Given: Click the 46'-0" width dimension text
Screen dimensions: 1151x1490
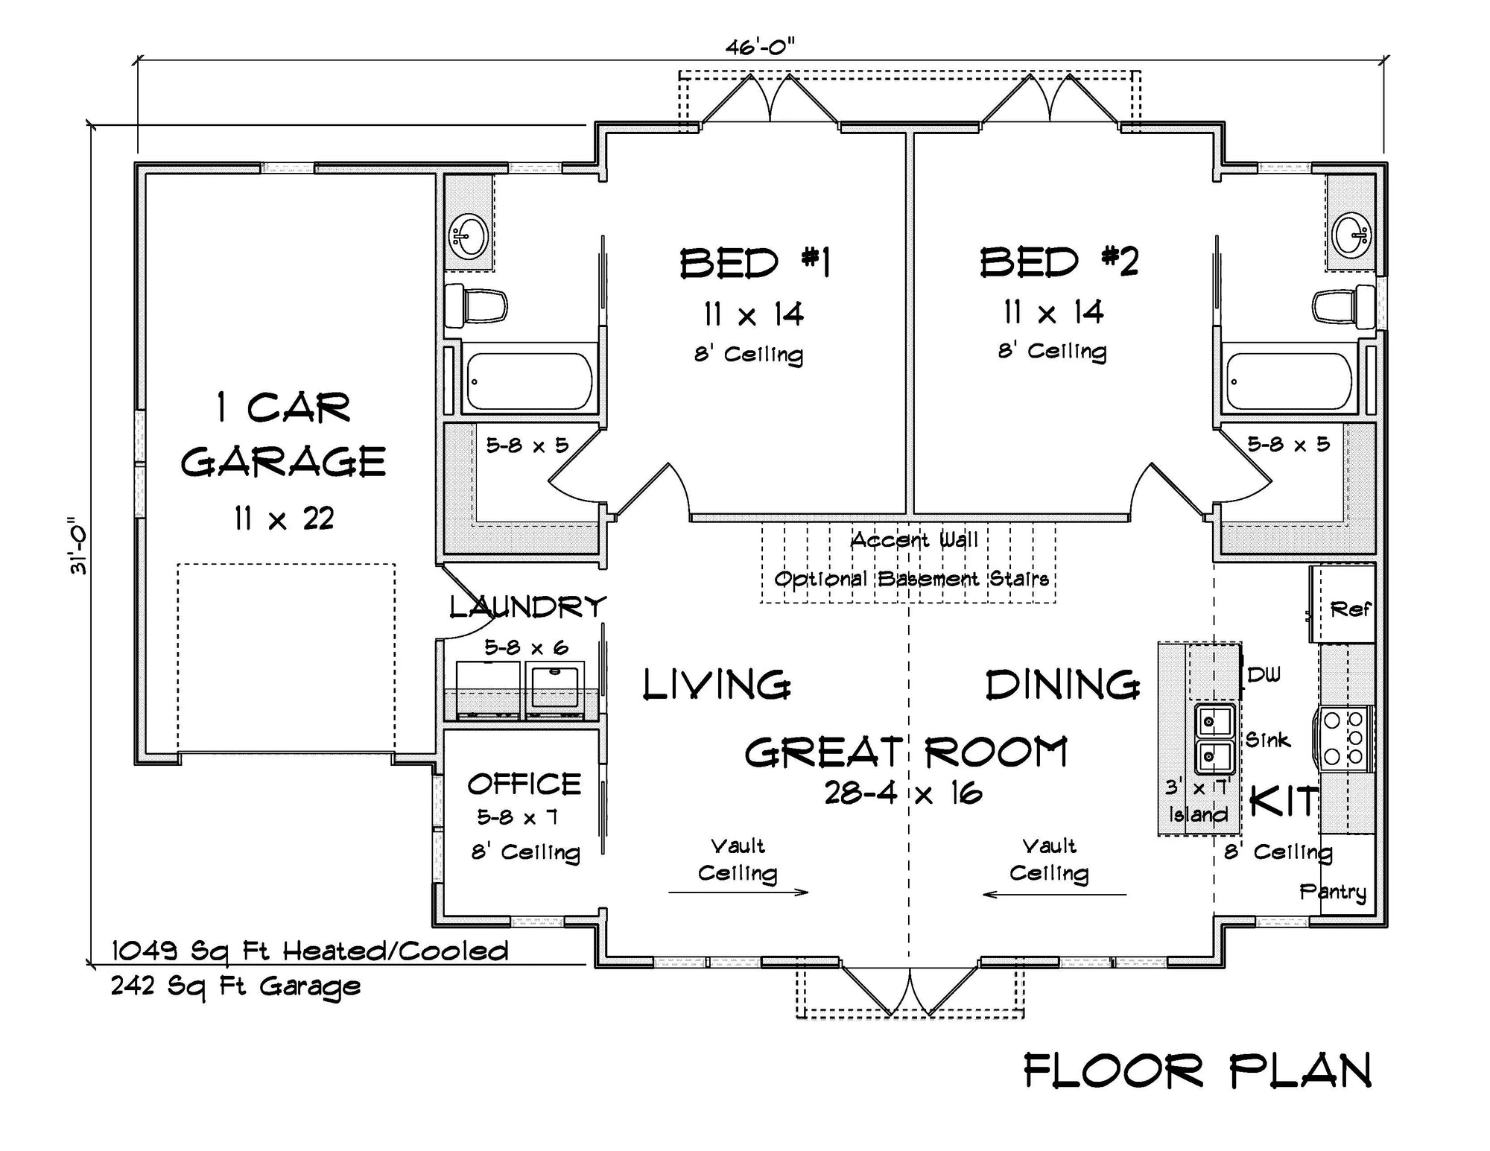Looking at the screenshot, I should [760, 48].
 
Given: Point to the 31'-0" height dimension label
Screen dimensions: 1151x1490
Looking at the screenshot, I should [78, 545].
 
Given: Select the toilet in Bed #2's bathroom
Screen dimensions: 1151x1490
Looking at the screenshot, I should [1342, 306].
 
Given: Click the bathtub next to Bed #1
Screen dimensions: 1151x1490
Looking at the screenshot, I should [528, 381].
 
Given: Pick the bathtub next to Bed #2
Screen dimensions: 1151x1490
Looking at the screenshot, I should [1288, 381].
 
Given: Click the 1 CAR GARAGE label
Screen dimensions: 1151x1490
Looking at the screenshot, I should [283, 434].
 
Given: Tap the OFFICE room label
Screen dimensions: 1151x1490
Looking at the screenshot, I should [524, 784].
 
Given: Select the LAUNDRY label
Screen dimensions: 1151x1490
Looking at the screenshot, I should [527, 607].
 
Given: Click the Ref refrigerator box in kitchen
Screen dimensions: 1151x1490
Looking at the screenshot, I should [1348, 609].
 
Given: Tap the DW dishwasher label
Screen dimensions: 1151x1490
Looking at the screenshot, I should [1264, 675].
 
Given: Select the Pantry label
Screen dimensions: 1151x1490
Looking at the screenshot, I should [1333, 892].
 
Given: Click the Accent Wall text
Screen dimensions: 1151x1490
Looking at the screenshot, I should [914, 540].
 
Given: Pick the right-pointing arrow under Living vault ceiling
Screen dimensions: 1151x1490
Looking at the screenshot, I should [738, 892].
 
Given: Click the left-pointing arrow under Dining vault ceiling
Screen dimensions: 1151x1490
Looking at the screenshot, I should [1054, 894].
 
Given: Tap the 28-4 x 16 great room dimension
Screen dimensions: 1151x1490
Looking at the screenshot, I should [903, 793].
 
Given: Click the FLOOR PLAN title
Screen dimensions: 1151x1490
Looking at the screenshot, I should [1197, 1071].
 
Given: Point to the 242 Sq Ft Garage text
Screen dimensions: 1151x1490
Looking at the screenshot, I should [235, 986].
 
